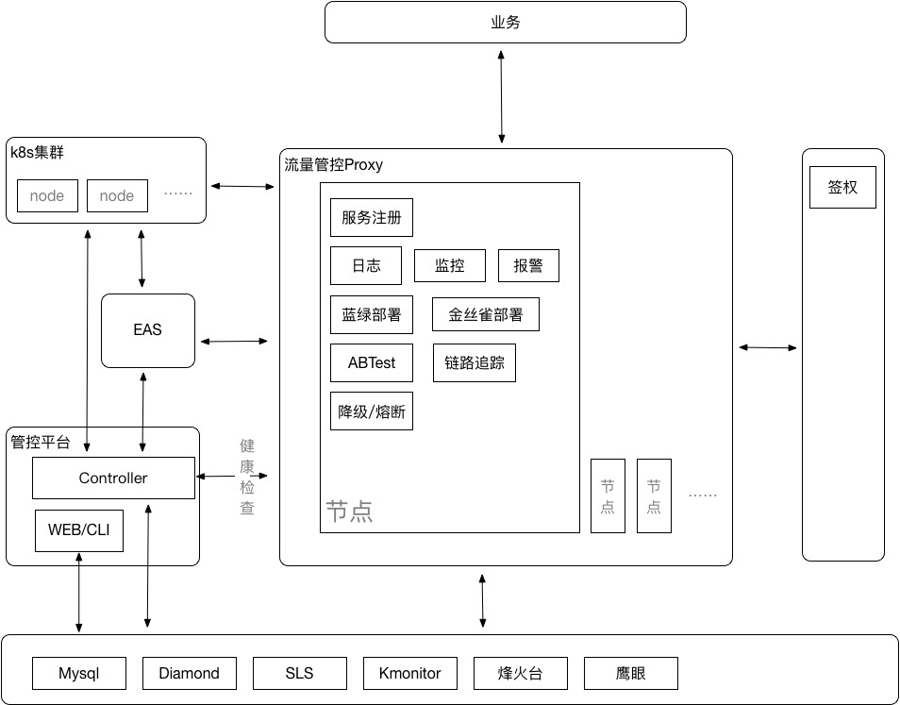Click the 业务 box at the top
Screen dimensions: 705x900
(505, 23)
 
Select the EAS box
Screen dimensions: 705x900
(147, 330)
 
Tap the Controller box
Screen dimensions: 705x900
(113, 478)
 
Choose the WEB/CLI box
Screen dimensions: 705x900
(78, 530)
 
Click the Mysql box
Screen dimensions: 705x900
(78, 674)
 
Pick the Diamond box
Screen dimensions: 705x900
(189, 674)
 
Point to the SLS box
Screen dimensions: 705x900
(299, 674)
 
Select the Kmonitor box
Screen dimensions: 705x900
(409, 674)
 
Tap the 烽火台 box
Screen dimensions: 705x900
(520, 674)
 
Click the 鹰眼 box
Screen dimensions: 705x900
(630, 674)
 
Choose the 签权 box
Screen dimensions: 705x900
(842, 188)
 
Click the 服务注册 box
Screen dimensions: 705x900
(371, 218)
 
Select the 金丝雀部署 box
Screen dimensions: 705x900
(485, 314)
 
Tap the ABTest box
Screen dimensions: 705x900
(371, 363)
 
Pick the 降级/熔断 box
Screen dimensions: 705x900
(371, 411)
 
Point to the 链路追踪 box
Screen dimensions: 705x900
(474, 363)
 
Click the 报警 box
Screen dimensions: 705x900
(528, 266)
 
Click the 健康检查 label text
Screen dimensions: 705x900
(246, 477)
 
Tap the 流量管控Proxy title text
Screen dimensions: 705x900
(333, 165)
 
